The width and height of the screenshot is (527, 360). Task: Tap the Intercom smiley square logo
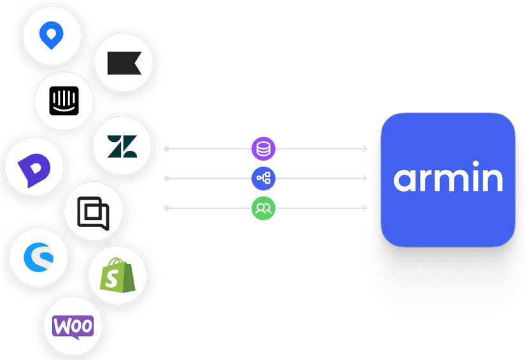[x=64, y=102]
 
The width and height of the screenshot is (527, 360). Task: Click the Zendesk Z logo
[x=122, y=146]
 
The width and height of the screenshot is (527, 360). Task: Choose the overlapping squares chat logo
[x=93, y=213]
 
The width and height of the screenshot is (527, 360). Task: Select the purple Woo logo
[x=73, y=326]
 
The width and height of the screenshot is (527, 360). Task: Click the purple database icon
[x=262, y=149]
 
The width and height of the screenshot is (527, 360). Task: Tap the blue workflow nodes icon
[x=262, y=179]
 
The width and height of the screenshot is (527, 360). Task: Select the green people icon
[x=262, y=208]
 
